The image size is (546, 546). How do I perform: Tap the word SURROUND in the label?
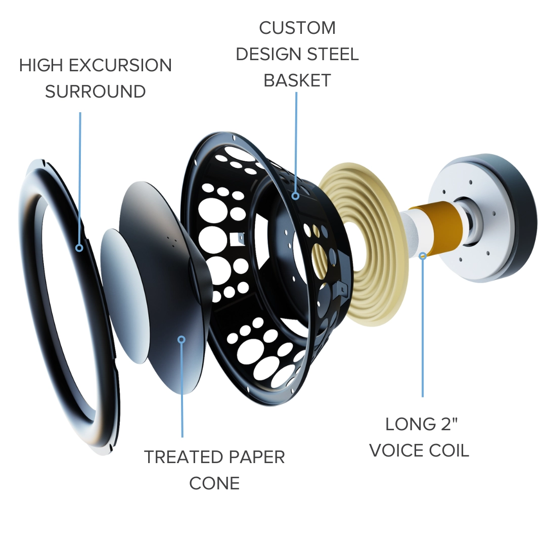click(95, 92)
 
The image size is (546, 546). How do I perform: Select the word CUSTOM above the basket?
click(297, 28)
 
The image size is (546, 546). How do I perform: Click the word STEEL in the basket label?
click(333, 54)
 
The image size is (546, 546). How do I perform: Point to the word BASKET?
click(297, 80)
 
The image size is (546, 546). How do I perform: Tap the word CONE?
click(214, 483)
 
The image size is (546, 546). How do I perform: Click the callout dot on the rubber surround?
click(79, 248)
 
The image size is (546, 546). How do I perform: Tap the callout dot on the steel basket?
click(295, 195)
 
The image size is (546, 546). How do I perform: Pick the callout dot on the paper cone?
click(182, 339)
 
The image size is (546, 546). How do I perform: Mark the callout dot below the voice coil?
click(423, 256)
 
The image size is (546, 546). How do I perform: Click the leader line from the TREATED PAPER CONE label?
click(182, 394)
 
